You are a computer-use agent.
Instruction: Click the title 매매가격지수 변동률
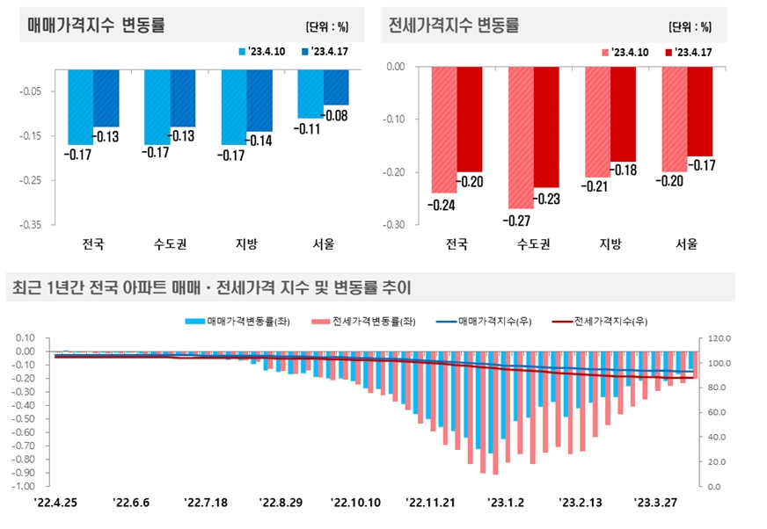click(x=96, y=25)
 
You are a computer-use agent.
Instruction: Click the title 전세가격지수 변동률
click(x=454, y=25)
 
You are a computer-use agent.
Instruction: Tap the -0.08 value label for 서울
click(x=336, y=115)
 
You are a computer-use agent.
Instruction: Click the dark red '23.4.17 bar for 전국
click(x=470, y=119)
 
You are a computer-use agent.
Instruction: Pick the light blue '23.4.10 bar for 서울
click(x=310, y=93)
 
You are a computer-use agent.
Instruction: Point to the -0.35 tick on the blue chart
click(x=30, y=224)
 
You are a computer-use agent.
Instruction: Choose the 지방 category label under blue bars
click(x=246, y=243)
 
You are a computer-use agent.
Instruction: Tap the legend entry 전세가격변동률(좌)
click(x=369, y=322)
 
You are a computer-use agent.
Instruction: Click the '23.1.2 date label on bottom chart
click(x=506, y=503)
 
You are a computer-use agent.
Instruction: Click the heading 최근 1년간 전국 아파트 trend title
click(x=210, y=286)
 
